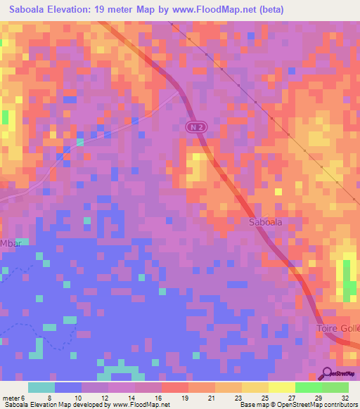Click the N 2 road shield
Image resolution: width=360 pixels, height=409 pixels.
point(197,126)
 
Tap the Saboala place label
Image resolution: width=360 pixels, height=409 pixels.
point(266,222)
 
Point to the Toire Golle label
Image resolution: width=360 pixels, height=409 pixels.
point(337,329)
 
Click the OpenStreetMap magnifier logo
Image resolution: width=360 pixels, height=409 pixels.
point(327,374)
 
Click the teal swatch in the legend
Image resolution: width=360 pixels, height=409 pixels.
point(41,387)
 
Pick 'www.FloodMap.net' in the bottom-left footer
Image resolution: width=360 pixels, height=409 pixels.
point(141,405)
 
